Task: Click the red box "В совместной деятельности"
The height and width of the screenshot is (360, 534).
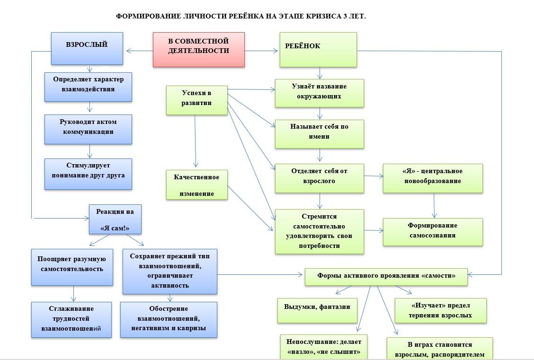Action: click(198, 49)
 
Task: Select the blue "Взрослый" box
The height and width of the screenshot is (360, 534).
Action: click(87, 48)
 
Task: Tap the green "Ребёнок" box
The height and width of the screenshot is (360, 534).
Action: click(318, 49)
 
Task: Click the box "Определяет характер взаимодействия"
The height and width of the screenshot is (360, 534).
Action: click(88, 86)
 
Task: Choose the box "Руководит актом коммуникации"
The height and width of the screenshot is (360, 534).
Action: click(88, 129)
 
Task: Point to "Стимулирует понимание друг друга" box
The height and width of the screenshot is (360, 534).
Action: click(88, 174)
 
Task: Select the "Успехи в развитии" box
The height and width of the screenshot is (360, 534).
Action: click(196, 100)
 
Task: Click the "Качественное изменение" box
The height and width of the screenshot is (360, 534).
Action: click(196, 184)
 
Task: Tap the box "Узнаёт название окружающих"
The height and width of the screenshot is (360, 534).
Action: click(320, 93)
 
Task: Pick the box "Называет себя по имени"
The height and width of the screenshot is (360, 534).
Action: click(320, 134)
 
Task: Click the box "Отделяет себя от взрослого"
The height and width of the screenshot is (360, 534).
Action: click(320, 178)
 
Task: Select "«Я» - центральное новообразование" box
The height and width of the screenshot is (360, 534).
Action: click(433, 178)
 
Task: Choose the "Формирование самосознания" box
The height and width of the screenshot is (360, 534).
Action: click(433, 231)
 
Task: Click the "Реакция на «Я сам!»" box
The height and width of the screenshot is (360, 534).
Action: click(115, 219)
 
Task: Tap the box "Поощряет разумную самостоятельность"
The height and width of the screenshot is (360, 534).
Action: click(72, 267)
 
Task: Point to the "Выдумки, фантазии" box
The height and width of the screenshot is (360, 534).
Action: click(317, 310)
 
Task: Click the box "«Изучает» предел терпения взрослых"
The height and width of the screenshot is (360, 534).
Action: click(440, 310)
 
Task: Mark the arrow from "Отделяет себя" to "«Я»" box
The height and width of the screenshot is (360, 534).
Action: click(374, 176)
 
